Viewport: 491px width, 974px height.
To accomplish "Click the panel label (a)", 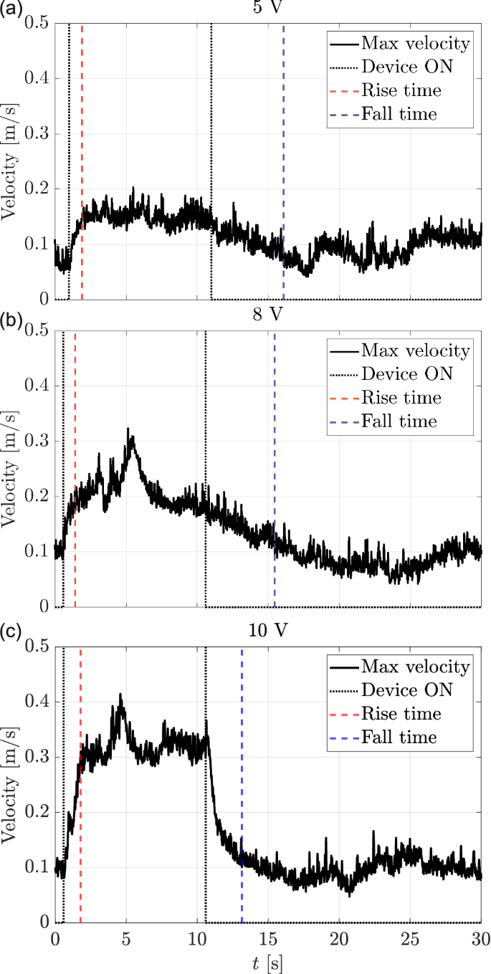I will click(12, 9).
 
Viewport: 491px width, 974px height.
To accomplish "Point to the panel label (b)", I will click(12, 316).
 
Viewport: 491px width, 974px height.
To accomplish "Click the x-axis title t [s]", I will click(268, 963).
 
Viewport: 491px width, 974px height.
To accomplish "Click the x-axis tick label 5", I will click(126, 938).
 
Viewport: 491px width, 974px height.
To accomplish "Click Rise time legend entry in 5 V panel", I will click(401, 90).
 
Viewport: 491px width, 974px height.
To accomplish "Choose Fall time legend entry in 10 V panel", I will click(399, 737).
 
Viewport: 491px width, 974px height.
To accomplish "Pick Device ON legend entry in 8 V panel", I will click(407, 373).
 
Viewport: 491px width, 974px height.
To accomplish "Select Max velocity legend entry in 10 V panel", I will click(415, 667).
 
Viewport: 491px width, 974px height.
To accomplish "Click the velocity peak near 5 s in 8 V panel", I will click(129, 430).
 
